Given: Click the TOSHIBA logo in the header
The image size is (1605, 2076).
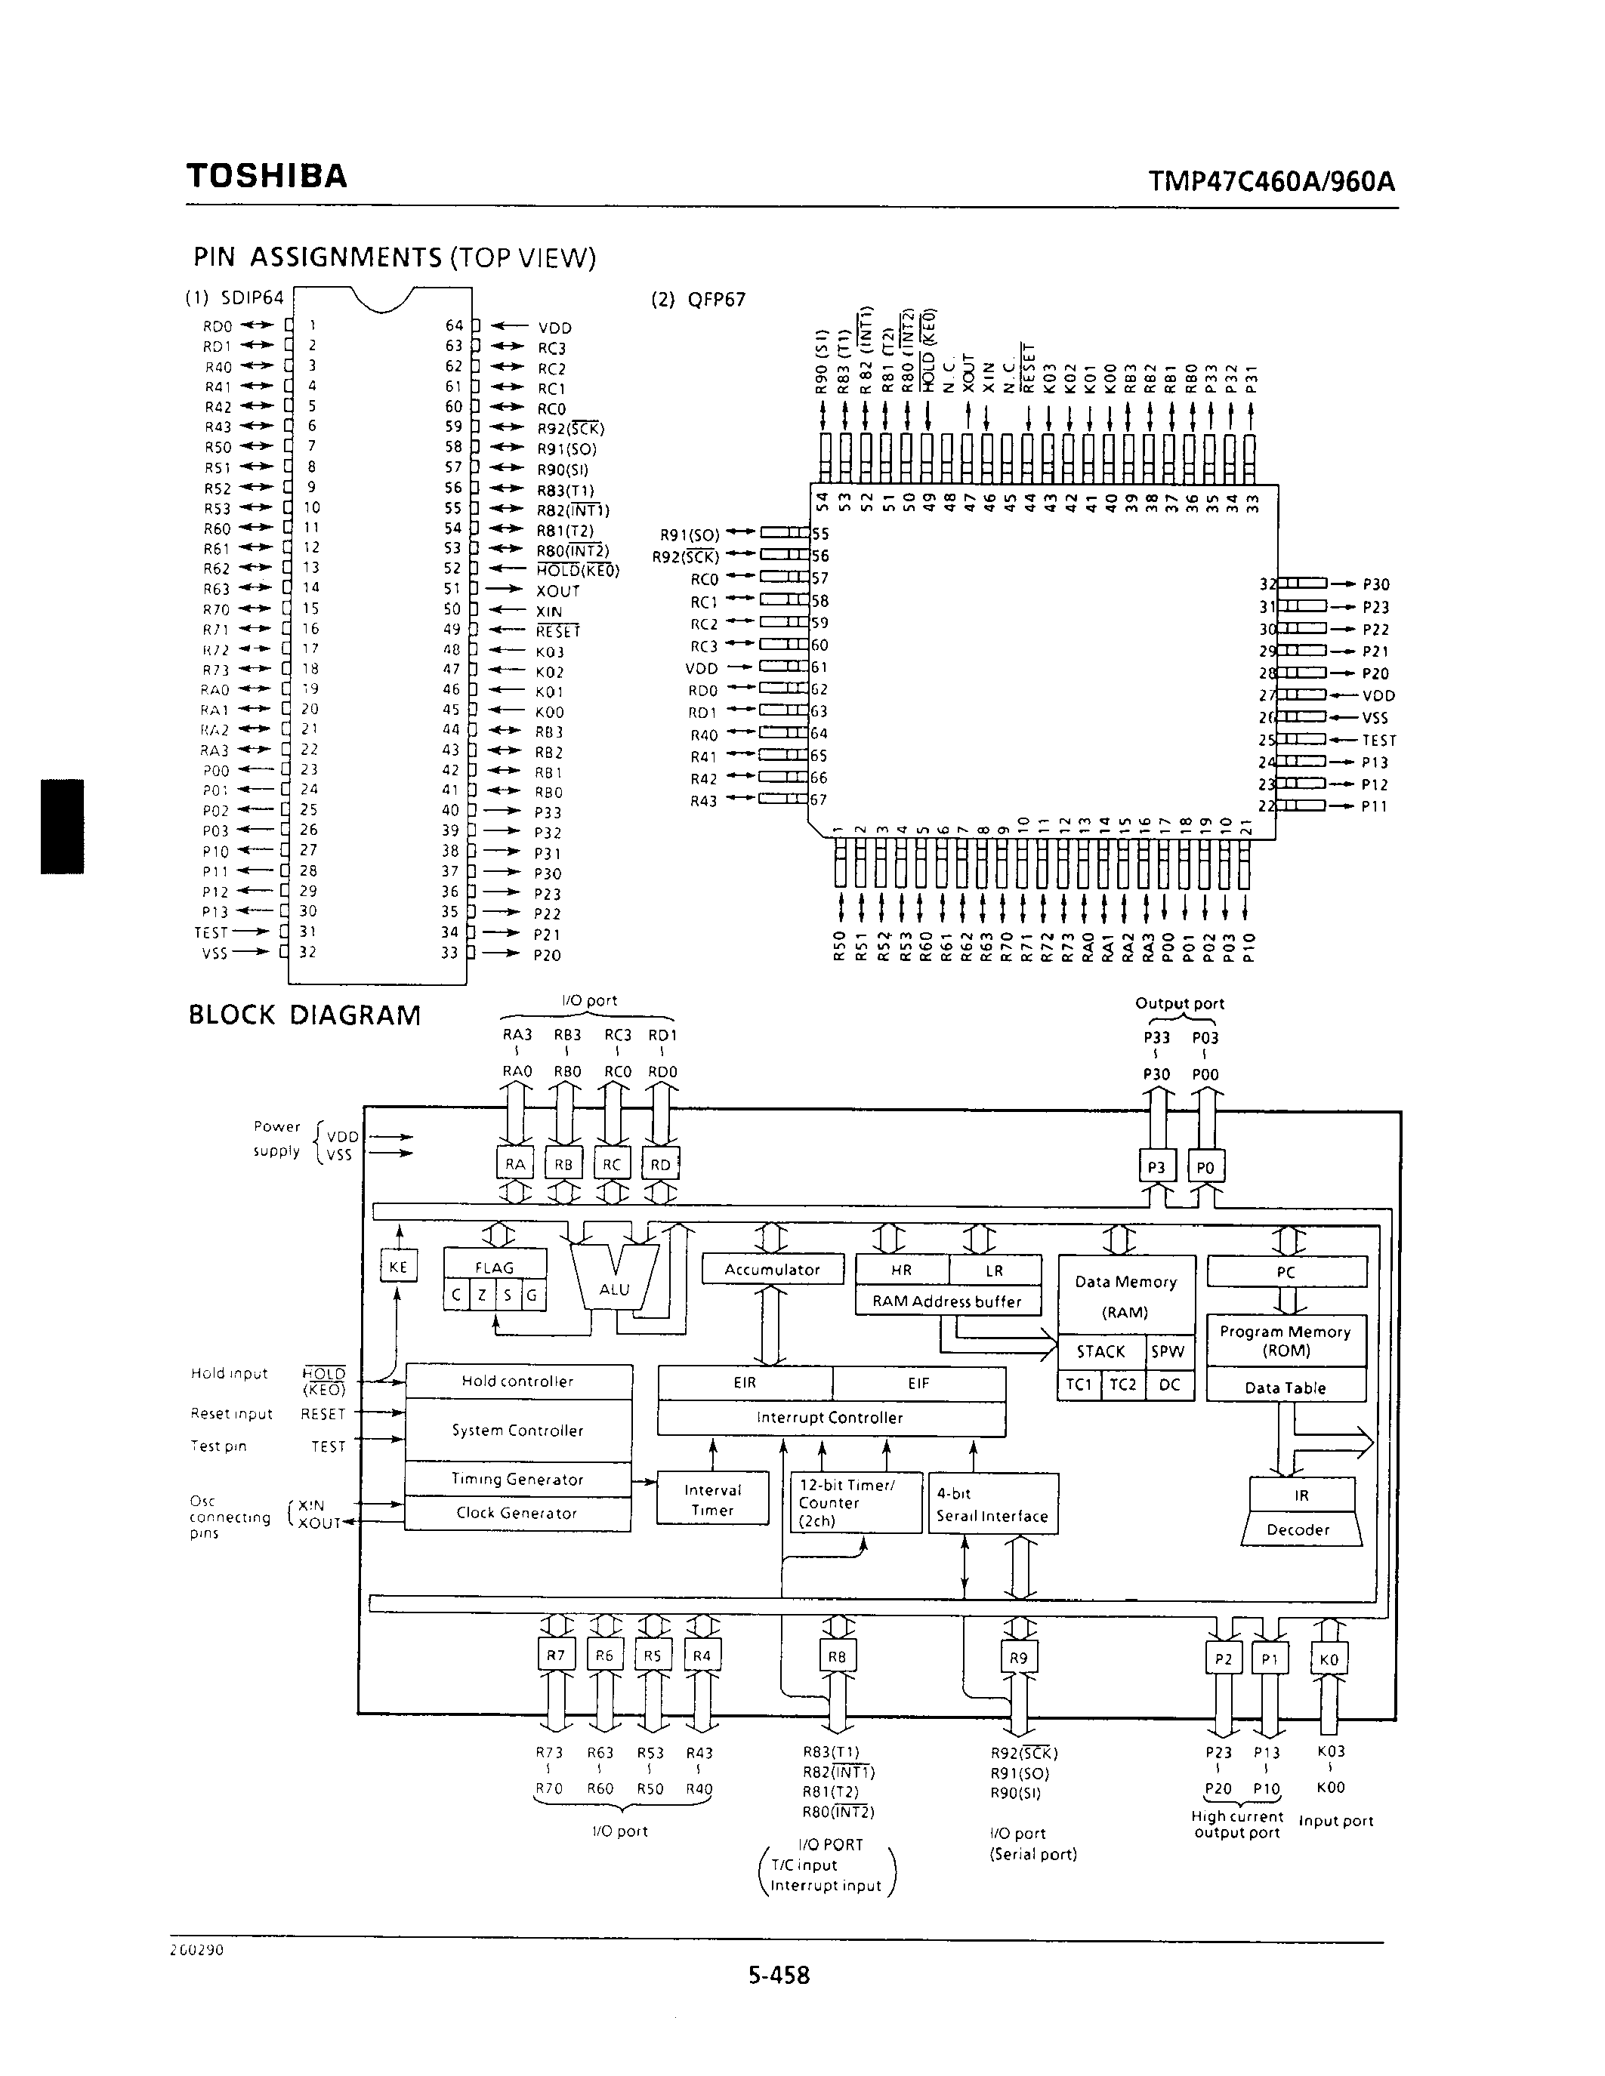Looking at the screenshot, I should [x=267, y=177].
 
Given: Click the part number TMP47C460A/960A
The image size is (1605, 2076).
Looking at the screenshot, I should [x=1271, y=180].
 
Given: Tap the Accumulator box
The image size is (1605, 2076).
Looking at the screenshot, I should [x=772, y=1270].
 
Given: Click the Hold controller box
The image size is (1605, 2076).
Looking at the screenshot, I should [x=518, y=1381].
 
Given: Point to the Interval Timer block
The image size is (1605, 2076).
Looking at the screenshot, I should [x=712, y=1499].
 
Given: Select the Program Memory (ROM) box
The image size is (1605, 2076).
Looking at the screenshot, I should [x=1286, y=1341].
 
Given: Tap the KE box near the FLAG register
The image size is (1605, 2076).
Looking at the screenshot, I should [x=398, y=1267].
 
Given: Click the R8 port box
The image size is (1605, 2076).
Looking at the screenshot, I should [x=837, y=1657].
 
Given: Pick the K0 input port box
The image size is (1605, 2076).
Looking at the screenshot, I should [x=1329, y=1659].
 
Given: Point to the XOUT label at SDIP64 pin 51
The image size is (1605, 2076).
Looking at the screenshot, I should [x=557, y=591].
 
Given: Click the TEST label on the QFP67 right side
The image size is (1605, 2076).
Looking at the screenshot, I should [x=1378, y=741].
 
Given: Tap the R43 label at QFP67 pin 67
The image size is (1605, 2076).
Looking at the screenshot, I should [x=704, y=801].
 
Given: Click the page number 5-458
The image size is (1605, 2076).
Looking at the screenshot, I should [x=779, y=1976].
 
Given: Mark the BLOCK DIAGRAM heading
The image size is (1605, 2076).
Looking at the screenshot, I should [x=304, y=1015].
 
